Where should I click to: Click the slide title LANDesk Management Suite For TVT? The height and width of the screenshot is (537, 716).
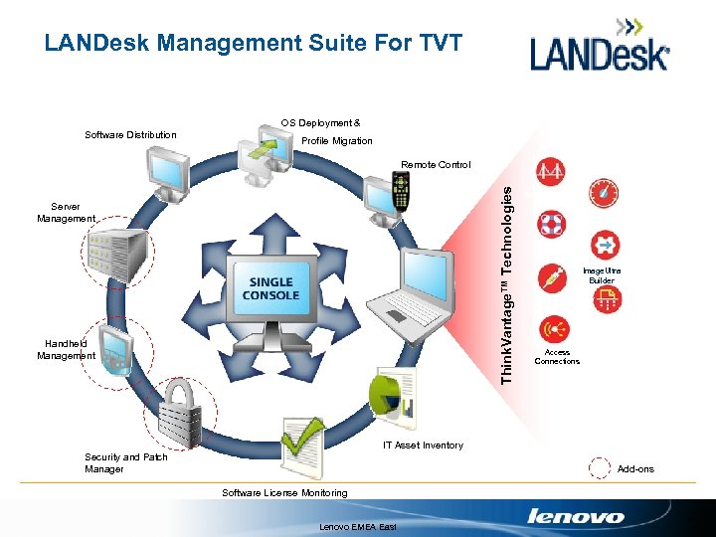coord(254,43)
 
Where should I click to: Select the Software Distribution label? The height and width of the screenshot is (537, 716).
coord(130,135)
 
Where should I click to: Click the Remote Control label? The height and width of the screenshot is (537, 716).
coord(436,165)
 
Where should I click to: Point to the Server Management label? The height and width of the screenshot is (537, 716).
coord(66,213)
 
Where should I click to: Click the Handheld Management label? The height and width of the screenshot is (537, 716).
coord(66,349)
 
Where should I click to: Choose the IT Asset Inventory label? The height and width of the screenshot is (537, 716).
coord(423,446)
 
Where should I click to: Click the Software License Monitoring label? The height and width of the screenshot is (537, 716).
coord(284,493)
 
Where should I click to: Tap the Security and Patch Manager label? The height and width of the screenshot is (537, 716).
coord(125,463)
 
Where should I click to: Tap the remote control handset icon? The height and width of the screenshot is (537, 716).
coord(401,190)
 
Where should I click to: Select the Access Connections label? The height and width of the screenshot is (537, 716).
coord(557,356)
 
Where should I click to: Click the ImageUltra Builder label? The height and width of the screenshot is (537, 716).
coord(602,275)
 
